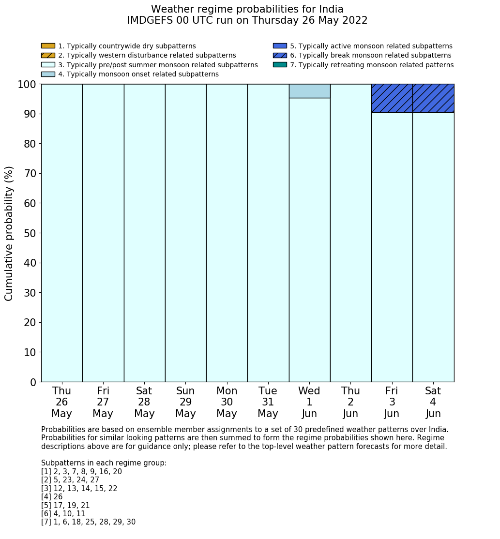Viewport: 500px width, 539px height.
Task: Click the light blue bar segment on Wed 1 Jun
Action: (309, 91)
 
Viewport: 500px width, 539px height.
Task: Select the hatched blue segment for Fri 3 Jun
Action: (392, 98)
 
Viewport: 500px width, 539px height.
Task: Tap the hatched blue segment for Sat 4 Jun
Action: (433, 98)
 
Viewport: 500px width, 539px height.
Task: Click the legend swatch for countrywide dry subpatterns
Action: (48, 46)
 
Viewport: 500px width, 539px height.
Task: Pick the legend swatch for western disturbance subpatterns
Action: (48, 55)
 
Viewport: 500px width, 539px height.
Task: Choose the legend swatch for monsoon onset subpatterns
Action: (48, 74)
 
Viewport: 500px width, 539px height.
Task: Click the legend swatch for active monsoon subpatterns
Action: (280, 46)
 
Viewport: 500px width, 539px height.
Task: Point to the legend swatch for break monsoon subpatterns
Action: (280, 55)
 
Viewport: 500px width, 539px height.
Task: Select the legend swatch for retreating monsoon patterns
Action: (280, 65)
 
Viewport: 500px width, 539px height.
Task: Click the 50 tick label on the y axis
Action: (30, 233)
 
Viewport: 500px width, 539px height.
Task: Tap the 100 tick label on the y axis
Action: (27, 85)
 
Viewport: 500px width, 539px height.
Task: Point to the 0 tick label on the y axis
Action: (33, 383)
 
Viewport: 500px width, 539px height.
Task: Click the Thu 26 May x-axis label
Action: (61, 402)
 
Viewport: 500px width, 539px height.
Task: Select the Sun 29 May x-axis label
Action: (185, 402)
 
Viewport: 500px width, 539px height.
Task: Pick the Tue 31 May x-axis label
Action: (268, 402)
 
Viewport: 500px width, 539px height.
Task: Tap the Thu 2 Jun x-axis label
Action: (350, 402)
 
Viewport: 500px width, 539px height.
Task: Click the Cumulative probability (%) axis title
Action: (9, 233)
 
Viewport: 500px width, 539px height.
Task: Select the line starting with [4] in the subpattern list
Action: (52, 497)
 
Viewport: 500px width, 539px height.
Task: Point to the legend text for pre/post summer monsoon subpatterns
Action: (158, 65)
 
